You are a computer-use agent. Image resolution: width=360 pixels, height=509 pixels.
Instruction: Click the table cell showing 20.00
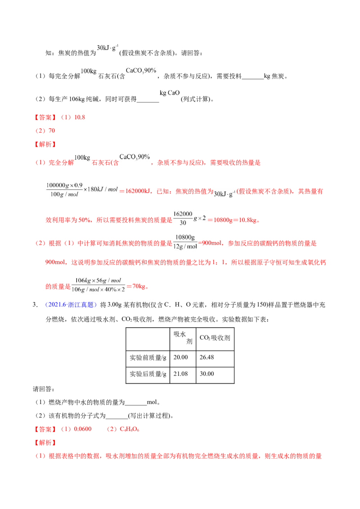pos(183,359)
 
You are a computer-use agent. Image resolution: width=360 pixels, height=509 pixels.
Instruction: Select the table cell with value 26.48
pos(215,359)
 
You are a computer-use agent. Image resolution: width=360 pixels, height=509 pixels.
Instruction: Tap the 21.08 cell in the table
pos(183,375)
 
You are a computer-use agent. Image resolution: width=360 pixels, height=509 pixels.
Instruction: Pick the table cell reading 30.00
pos(215,375)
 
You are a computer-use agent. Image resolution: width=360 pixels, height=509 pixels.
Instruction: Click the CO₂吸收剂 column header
pos(215,339)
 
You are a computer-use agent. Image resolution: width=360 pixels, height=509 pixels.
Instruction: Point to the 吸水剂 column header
pos(183,339)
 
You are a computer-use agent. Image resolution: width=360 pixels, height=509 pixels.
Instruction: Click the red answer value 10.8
pos(80,117)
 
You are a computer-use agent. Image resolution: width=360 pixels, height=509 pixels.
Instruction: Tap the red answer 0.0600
pos(83,429)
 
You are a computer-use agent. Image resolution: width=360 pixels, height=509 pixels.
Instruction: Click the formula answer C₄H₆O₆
pos(129,429)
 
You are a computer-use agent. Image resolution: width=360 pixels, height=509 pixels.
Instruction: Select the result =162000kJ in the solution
pos(135,191)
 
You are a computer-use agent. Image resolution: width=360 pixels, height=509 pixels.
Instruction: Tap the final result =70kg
pos(137,286)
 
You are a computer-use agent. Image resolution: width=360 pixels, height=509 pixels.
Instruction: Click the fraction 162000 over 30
pos(183,218)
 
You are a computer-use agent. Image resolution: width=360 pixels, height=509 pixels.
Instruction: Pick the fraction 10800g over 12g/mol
pos(185,242)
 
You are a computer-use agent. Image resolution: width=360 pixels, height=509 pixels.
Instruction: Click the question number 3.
pos(35,304)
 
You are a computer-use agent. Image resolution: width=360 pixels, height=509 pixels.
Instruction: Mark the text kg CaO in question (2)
pos(170,93)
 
